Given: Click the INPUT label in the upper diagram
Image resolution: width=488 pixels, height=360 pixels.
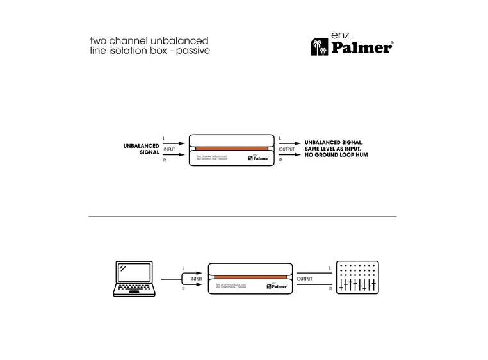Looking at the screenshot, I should point(169,149).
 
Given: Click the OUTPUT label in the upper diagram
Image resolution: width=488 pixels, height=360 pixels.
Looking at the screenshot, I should point(287,149).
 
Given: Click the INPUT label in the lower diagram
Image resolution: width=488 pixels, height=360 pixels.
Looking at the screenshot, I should point(196,279).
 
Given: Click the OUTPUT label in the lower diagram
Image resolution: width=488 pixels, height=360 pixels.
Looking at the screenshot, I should point(305,279).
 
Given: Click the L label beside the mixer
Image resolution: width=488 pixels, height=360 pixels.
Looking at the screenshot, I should point(330,268).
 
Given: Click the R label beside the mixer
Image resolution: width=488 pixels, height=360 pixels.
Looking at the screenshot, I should point(330,290).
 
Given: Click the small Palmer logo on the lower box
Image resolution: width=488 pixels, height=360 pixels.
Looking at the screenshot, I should point(278,287).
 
